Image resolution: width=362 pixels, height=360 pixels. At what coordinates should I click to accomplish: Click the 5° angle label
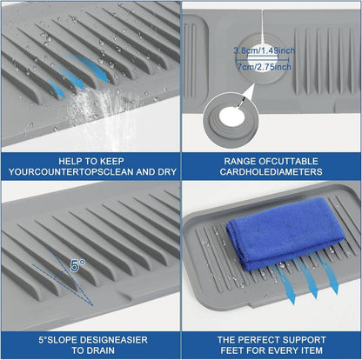77,266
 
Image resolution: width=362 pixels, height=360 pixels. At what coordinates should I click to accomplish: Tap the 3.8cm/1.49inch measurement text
265,50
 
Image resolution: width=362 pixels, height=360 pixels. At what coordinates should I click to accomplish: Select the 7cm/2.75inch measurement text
265,67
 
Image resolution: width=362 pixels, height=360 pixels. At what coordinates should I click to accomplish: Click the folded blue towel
285,233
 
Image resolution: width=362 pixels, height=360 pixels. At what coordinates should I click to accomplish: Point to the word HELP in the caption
70,161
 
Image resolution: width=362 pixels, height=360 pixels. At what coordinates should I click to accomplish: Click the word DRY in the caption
167,172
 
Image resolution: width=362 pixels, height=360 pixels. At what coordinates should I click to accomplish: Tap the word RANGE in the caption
239,161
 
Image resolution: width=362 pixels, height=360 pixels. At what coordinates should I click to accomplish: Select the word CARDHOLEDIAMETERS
271,172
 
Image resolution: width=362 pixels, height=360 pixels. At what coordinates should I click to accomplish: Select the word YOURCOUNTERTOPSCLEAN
70,172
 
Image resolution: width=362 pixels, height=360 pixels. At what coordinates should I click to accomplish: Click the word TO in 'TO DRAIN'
77,350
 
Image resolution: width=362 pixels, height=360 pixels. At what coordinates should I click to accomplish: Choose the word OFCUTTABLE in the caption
288,161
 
